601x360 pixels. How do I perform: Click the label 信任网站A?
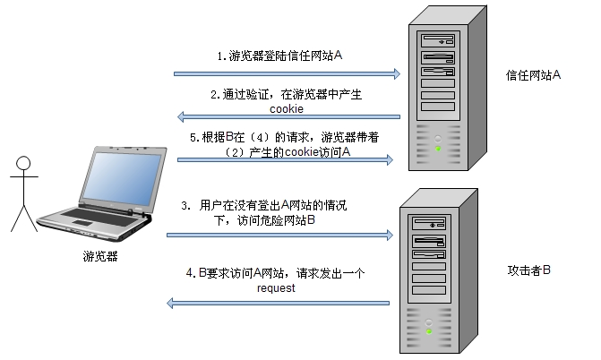pos(532,74)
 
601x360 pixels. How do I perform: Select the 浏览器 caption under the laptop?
pos(99,257)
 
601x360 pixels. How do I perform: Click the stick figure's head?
pos(23,163)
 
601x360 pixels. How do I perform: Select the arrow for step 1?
pos(287,74)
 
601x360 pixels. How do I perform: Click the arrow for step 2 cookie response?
pos(287,115)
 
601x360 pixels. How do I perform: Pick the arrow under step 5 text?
pos(287,160)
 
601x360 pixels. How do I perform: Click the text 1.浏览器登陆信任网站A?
pos(279,56)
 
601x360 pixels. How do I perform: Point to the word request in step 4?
pos(276,289)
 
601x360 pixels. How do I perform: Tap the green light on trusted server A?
pos(438,148)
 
